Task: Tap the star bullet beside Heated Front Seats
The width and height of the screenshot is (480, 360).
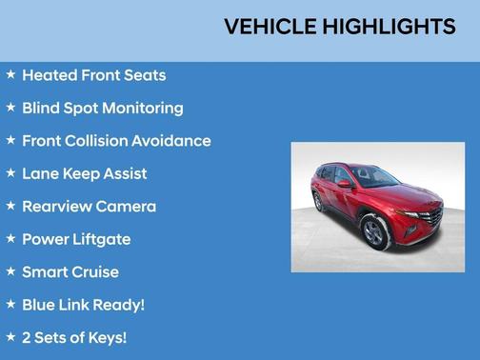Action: (10, 74)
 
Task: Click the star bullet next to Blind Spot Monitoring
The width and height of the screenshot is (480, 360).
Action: (10, 108)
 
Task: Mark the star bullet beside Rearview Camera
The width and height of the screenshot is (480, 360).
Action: (10, 206)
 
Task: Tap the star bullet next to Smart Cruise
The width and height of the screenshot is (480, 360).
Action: (10, 271)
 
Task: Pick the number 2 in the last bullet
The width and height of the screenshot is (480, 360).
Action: (28, 338)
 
